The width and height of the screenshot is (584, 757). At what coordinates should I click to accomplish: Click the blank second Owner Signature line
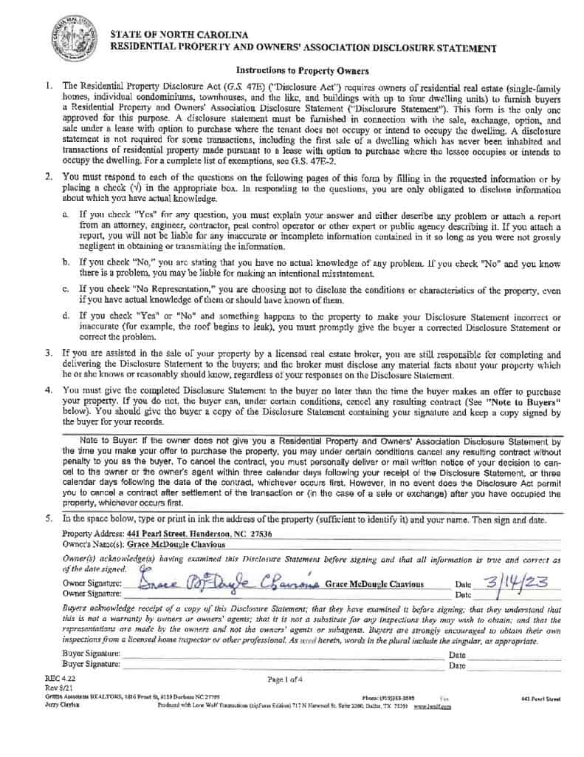pyautogui.click(x=281, y=594)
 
